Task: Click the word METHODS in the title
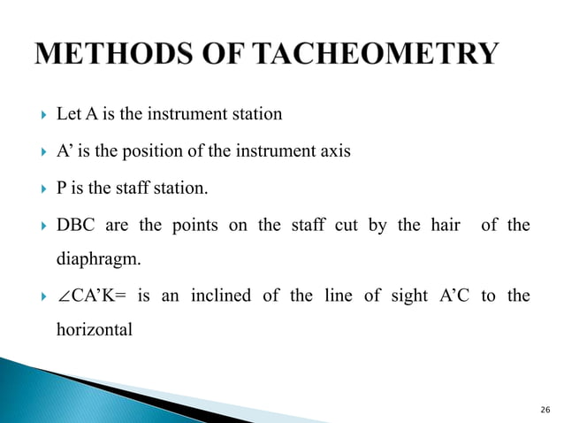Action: click(x=114, y=55)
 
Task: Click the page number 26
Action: click(x=544, y=409)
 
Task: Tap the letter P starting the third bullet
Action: click(x=61, y=188)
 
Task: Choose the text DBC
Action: click(x=75, y=226)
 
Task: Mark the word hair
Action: click(x=443, y=226)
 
